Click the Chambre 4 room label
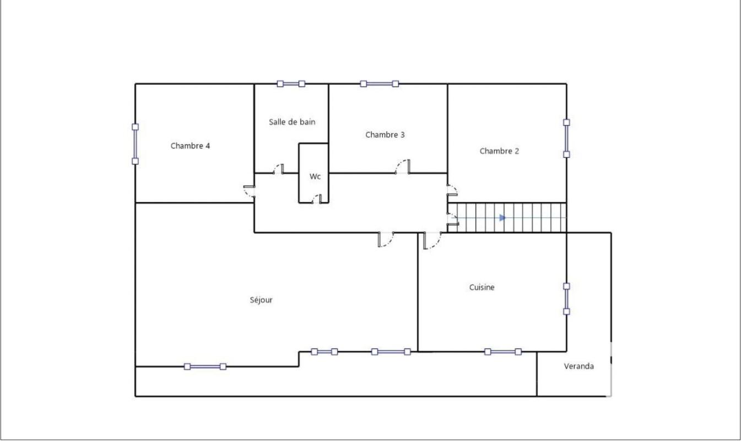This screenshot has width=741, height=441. click(190, 146)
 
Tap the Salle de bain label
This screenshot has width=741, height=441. click(292, 122)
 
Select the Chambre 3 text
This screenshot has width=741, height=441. click(385, 135)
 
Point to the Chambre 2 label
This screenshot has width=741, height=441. click(499, 151)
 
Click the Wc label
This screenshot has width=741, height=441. click(315, 176)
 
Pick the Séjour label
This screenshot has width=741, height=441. click(261, 300)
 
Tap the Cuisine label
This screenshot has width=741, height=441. click(482, 287)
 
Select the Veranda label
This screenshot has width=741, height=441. click(578, 366)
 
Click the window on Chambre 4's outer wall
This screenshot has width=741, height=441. click(136, 144)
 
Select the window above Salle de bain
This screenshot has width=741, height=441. click(291, 84)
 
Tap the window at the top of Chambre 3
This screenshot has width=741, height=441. click(380, 84)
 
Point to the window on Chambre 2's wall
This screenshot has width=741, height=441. click(567, 138)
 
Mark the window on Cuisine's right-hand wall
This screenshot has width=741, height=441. click(567, 299)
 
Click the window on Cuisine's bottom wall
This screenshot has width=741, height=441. click(503, 352)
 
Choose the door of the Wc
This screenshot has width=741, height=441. click(317, 199)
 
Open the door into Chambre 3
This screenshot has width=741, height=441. click(403, 166)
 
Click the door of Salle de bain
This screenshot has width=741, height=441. click(279, 169)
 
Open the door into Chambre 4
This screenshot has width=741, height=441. click(250, 192)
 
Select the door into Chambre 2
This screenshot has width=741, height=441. click(452, 190)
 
